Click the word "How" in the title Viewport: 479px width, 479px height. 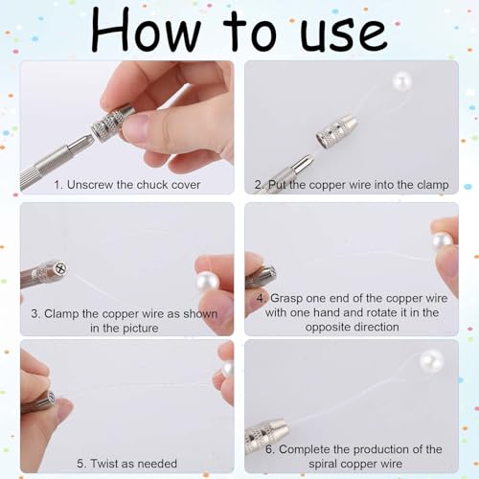pos(147,31)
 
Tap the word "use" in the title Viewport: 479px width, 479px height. pos(344,34)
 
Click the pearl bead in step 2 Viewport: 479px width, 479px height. pos(402,81)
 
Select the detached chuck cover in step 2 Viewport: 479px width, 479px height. pos(336,132)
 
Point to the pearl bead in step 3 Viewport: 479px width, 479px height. pos(208,282)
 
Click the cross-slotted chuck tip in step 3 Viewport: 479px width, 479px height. pos(60,267)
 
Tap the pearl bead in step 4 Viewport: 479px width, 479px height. pos(443,242)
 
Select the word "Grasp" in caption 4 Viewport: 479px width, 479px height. pos(286,299)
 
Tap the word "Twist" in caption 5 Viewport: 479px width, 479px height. pos(103,464)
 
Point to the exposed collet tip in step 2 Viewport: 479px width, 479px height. pos(304,162)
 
